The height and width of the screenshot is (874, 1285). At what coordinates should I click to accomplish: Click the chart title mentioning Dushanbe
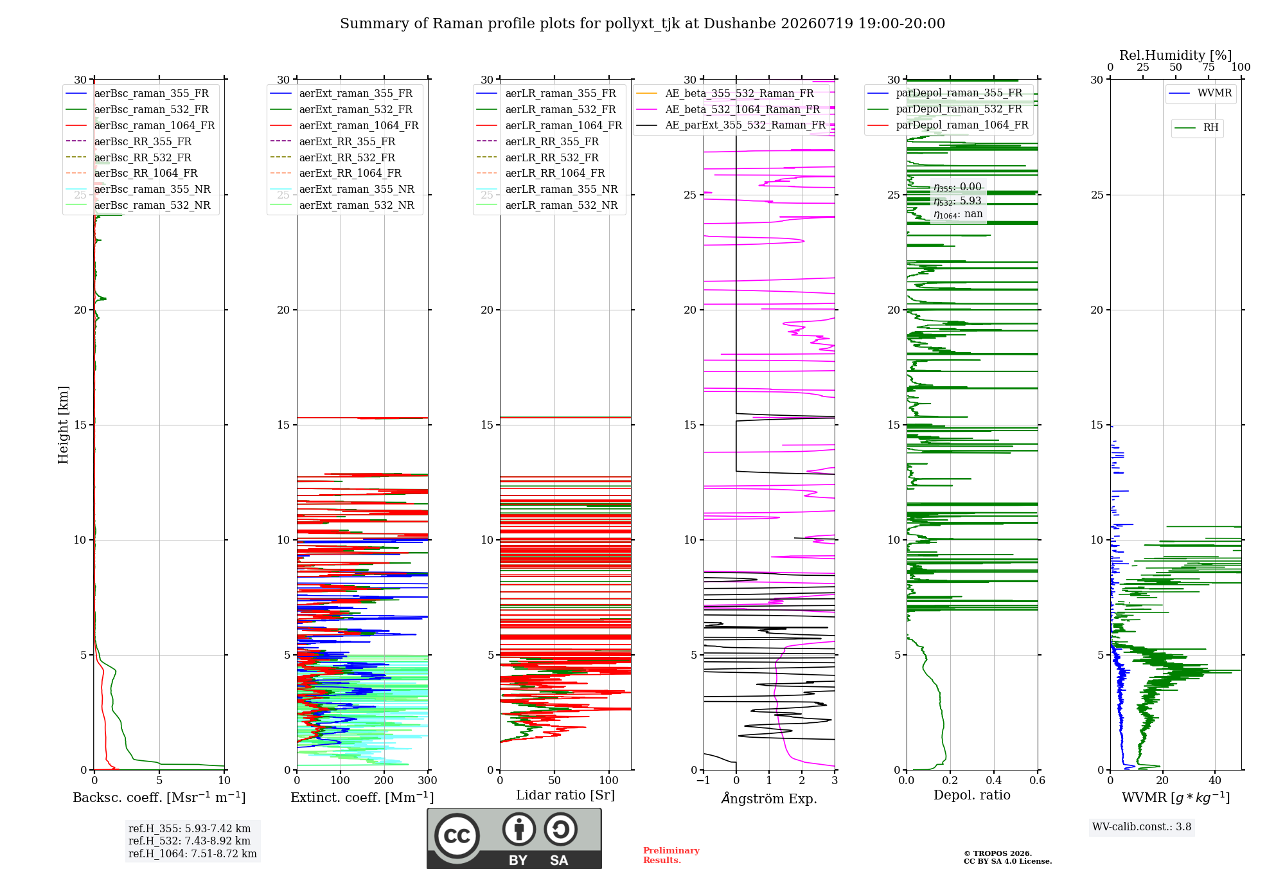point(642,24)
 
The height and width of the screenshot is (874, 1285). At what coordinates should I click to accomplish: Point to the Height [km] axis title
point(63,425)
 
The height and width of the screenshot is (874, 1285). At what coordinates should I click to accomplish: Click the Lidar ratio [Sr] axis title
point(565,795)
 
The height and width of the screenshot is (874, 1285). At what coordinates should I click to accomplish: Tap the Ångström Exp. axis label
point(769,798)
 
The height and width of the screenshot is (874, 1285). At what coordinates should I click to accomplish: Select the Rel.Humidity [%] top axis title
point(1176,55)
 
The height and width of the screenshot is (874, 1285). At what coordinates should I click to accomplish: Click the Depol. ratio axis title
point(972,795)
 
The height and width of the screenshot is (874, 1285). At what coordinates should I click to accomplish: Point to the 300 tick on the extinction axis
point(427,781)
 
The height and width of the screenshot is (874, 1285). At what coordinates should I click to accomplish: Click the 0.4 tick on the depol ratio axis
point(993,781)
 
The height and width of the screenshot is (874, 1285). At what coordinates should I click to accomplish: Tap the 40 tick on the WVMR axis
point(1215,781)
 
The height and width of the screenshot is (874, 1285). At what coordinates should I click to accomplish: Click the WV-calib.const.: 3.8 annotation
point(1142,827)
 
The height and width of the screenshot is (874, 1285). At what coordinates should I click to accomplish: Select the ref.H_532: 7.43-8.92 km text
point(190,841)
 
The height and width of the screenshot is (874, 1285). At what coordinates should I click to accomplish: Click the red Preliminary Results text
point(671,855)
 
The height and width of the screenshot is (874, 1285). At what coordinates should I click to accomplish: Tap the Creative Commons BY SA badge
point(514,838)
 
